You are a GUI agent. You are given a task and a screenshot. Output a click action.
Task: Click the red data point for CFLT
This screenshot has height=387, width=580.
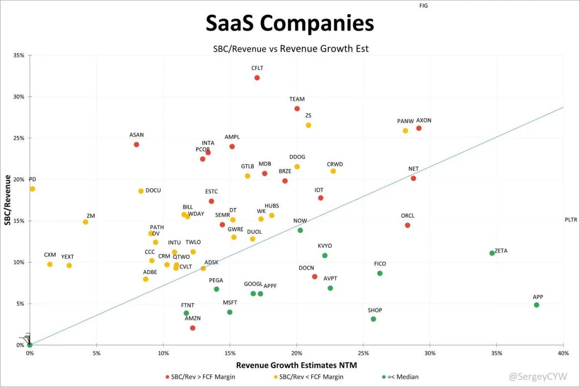(x=257, y=78)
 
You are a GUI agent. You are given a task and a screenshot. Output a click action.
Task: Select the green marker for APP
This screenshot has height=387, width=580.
(x=536, y=305)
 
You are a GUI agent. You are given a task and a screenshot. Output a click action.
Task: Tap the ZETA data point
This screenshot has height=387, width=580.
(x=492, y=253)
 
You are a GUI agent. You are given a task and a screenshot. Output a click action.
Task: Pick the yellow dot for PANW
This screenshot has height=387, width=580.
(x=405, y=131)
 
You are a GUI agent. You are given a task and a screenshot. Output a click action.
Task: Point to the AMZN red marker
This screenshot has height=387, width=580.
(x=193, y=328)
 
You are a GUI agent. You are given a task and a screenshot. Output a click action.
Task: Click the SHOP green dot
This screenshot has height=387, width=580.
(x=373, y=319)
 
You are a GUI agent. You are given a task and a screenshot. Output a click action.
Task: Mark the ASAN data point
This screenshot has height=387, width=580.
(x=136, y=145)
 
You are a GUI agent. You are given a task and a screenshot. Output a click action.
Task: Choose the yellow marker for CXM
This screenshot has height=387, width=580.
(x=50, y=264)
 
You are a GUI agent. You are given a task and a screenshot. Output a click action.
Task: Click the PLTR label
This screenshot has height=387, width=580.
(x=571, y=220)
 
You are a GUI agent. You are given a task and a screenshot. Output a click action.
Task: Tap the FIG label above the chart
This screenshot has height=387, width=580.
(x=424, y=6)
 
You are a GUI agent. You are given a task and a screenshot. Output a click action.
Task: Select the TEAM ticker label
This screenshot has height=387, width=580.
(x=297, y=100)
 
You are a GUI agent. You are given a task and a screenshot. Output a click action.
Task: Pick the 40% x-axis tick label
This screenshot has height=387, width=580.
(x=563, y=354)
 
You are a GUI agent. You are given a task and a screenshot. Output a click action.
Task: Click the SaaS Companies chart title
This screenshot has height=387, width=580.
(x=290, y=23)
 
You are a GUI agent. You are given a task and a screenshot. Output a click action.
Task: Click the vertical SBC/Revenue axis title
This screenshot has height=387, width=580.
(x=7, y=200)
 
